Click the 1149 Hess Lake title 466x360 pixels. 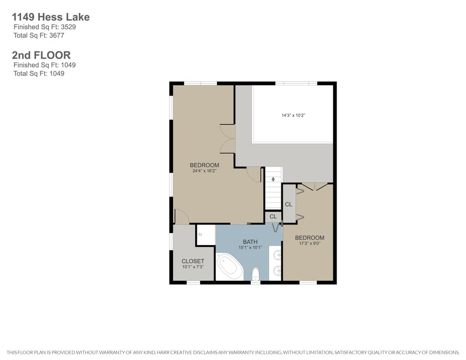(x=51, y=17)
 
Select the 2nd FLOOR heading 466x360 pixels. (x=41, y=55)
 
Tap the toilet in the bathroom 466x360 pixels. (x=256, y=274)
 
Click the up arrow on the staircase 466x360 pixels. (x=273, y=179)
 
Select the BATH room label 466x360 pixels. (x=250, y=242)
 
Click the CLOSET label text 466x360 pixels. (x=193, y=261)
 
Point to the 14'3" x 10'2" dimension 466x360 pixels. (x=293, y=115)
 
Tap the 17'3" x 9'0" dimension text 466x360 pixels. (x=309, y=243)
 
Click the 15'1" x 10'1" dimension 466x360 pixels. (x=250, y=247)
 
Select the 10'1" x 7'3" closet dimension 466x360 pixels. (x=193, y=267)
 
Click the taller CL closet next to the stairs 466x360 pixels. (x=289, y=204)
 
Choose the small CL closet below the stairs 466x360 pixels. (x=273, y=217)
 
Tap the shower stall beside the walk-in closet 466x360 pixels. (x=206, y=235)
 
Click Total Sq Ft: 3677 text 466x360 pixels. (x=38, y=35)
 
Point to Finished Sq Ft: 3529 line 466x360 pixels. (x=45, y=27)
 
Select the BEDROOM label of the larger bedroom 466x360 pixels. (x=204, y=165)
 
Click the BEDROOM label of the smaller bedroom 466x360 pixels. (x=309, y=238)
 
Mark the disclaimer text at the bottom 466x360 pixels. (x=233, y=352)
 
